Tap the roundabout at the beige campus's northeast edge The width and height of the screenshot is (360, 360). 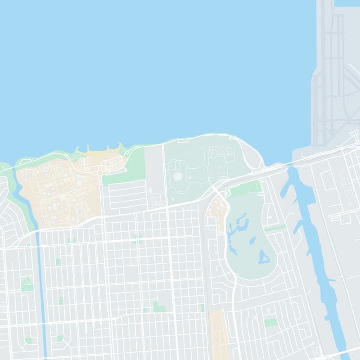click(x=99, y=173)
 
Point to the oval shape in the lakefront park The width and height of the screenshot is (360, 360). click(x=177, y=175)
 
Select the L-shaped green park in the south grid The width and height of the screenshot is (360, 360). click(x=157, y=307)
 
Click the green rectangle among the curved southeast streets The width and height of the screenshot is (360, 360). click(x=270, y=323)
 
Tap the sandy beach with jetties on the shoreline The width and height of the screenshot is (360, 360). click(x=101, y=153)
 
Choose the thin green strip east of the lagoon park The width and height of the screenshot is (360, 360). click(x=275, y=229)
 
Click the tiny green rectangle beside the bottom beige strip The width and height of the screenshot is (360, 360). click(x=202, y=308)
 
